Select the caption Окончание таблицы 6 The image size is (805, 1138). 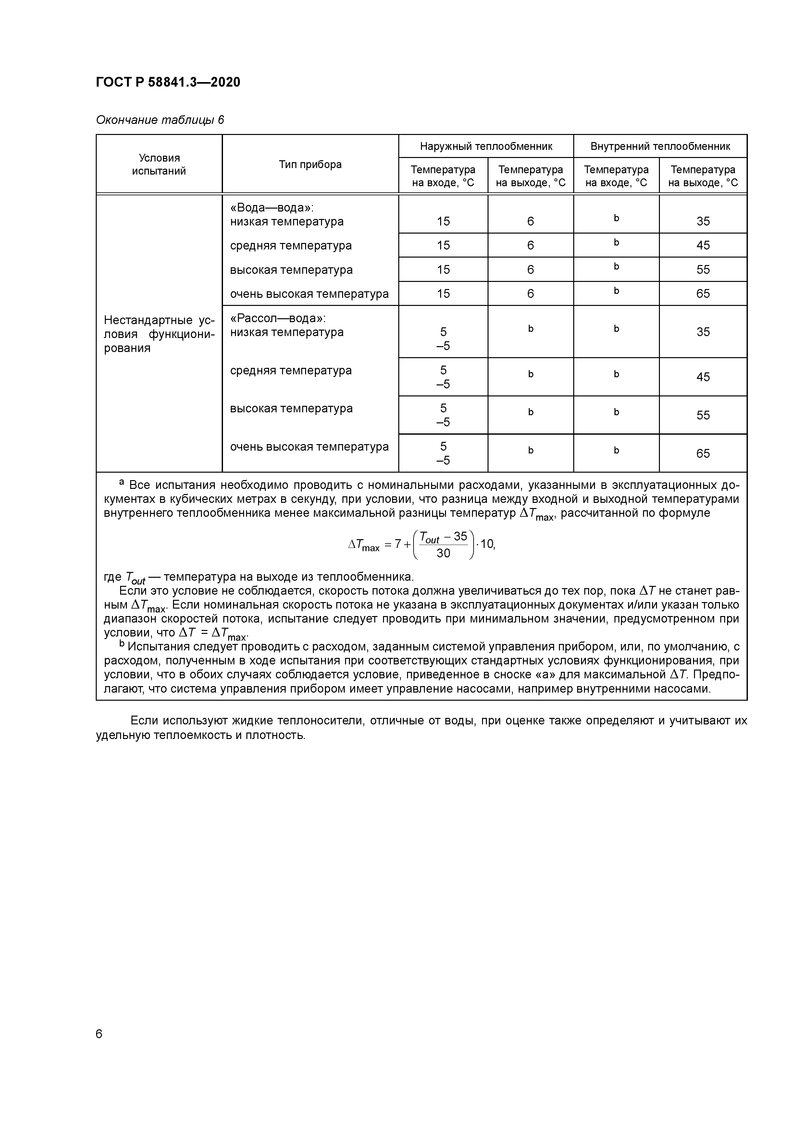tap(160, 120)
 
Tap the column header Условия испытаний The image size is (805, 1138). tap(159, 164)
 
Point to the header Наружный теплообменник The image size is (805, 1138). tap(486, 146)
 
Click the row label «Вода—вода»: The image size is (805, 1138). tap(272, 208)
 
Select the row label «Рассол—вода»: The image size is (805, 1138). tap(277, 318)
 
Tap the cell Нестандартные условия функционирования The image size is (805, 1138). tap(159, 333)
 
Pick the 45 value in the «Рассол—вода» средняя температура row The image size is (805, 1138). tap(703, 377)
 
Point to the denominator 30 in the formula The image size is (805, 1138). tap(443, 553)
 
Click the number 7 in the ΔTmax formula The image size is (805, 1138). tap(398, 544)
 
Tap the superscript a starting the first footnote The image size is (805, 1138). tap(121, 482)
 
